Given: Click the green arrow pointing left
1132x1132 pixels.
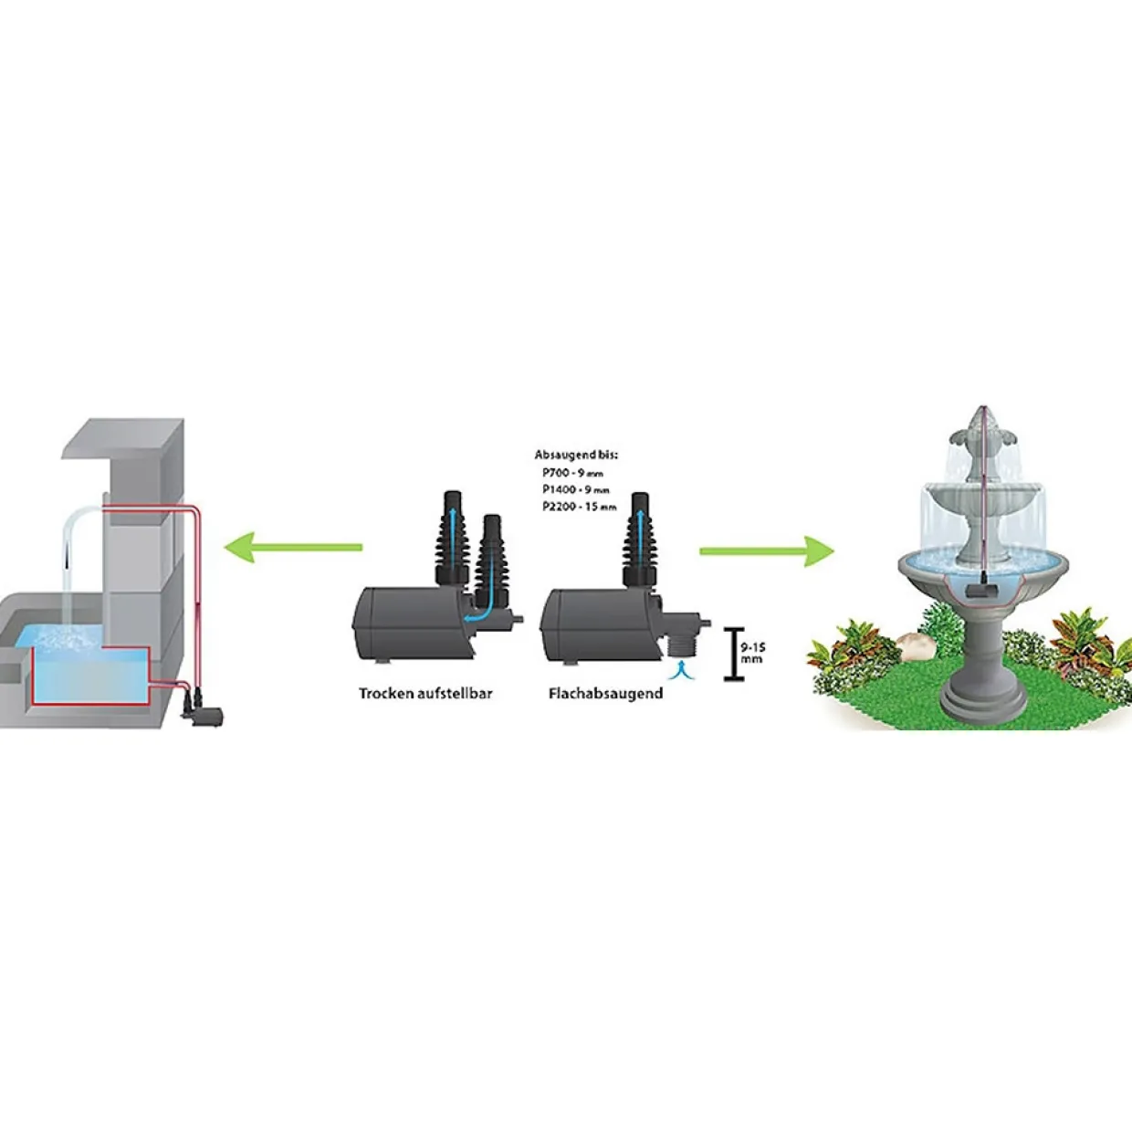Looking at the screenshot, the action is pos(293,547).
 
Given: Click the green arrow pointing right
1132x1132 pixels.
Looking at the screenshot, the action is pos(767,550).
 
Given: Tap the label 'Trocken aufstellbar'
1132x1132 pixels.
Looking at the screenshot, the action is pos(425,694).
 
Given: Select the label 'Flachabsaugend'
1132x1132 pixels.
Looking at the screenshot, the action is pos(605,694).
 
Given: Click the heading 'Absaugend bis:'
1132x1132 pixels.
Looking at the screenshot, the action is pos(576,455).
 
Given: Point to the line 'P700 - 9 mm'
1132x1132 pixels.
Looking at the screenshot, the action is pos(572,472).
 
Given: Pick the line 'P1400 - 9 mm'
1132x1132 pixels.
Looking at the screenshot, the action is pos(576,489).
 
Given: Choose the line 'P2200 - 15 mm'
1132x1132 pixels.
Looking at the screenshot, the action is pos(579,507).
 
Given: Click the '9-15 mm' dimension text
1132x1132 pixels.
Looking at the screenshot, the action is pos(753,654).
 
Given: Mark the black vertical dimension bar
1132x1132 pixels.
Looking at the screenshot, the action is pos(734,654).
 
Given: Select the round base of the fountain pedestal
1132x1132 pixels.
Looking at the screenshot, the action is pos(983,703).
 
